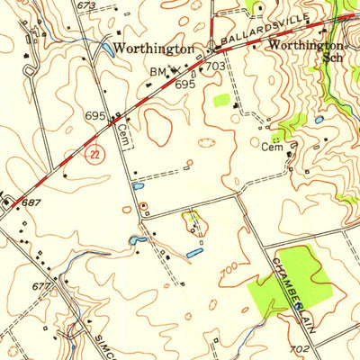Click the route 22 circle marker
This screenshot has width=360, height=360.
click(94, 155)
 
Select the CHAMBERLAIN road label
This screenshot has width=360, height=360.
click(294, 292)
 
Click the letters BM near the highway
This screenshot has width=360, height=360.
click(158, 70)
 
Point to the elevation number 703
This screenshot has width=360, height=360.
click(215, 67)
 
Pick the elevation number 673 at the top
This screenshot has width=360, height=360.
click(85, 6)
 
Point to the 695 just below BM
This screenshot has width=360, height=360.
click(185, 83)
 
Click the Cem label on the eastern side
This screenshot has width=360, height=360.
click(271, 148)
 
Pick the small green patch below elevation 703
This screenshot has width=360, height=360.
click(222, 100)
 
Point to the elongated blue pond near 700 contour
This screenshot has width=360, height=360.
click(193, 254)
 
